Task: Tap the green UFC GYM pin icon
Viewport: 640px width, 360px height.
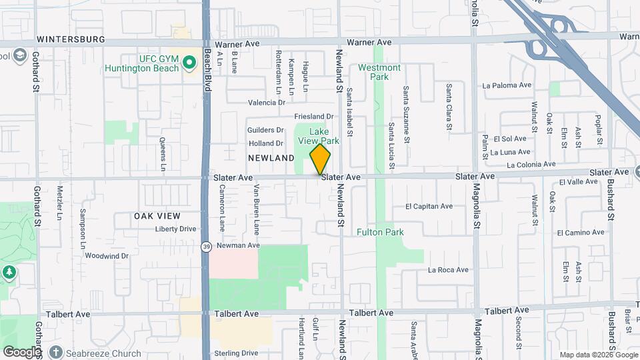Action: coord(189,63)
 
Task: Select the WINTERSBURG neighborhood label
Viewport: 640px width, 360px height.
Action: coord(71,39)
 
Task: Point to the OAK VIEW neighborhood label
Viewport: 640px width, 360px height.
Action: coord(157,216)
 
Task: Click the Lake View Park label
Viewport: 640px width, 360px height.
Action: coord(324,136)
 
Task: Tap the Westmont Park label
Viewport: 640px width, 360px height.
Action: coord(379,72)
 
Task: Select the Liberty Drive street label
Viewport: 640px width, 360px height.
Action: coord(175,229)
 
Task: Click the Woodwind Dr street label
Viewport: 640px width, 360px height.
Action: coord(107,255)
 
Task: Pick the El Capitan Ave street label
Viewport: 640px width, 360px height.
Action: coord(429,207)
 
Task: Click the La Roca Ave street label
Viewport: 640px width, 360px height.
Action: coord(449,270)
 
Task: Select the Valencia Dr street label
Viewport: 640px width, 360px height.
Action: coord(267,103)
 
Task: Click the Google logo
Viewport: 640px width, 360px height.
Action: coord(22,351)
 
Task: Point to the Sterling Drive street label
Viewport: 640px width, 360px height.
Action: coord(236,353)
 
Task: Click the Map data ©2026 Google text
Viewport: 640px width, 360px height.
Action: coord(598,355)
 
